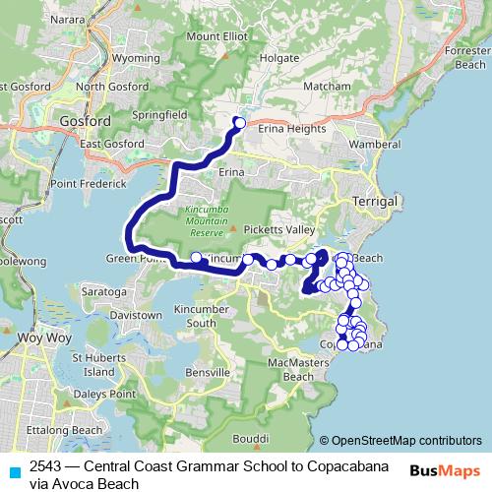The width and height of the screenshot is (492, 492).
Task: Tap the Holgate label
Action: (x=278, y=58)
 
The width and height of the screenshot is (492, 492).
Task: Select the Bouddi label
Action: (x=251, y=439)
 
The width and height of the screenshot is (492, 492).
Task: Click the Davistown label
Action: (x=136, y=315)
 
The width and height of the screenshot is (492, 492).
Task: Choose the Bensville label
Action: (x=207, y=373)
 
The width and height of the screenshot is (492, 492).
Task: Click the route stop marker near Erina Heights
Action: (x=239, y=123)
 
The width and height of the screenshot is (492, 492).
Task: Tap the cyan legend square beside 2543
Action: (x=13, y=470)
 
